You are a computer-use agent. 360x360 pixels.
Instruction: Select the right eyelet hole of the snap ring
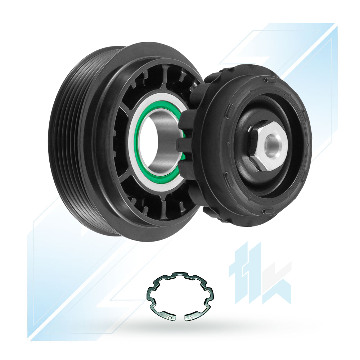[190, 318]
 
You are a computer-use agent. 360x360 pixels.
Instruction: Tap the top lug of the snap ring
[180, 274]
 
